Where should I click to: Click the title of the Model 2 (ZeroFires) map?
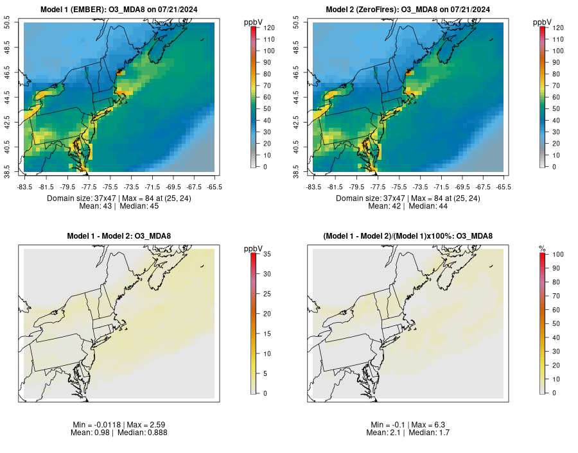(408, 9)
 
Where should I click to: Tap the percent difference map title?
(408, 236)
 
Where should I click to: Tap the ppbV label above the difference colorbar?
(254, 248)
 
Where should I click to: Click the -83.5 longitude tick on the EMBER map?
(25, 187)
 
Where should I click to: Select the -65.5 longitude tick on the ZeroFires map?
(504, 187)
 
